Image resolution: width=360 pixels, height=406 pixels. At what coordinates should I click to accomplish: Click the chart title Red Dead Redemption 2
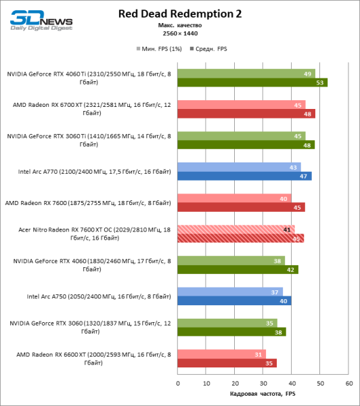click(179, 13)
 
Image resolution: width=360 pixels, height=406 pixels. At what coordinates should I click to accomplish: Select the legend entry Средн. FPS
click(211, 49)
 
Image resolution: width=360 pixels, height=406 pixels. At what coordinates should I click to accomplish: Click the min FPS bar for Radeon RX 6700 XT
click(241, 104)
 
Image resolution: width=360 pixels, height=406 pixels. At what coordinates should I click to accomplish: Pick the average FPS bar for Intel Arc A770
click(244, 176)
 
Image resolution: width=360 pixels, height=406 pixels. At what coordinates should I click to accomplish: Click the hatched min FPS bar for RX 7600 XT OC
click(235, 229)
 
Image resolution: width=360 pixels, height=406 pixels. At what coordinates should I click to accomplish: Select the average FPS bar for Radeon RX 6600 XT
click(227, 363)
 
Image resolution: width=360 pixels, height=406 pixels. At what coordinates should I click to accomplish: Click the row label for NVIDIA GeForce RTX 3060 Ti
click(94, 140)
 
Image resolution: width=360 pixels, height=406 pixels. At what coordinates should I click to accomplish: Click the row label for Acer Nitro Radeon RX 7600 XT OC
click(94, 233)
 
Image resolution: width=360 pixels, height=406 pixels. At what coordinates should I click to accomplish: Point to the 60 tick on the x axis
click(348, 382)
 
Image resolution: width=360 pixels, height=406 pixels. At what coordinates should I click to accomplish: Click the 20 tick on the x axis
click(234, 382)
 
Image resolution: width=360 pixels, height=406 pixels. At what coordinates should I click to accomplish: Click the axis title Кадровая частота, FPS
click(263, 394)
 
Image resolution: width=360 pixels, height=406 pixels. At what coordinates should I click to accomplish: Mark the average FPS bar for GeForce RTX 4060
click(238, 269)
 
